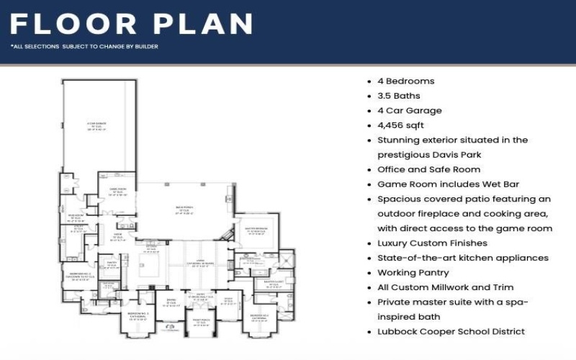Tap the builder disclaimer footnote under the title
(84, 47)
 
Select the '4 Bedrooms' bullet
(405, 81)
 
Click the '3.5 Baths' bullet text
(398, 96)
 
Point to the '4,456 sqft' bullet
(402, 125)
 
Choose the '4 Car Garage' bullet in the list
(409, 111)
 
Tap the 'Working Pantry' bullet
(413, 273)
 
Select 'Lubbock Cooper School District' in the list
(451, 332)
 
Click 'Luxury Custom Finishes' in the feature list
(432, 243)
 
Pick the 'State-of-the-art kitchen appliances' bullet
(463, 258)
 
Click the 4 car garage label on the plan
(97, 126)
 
